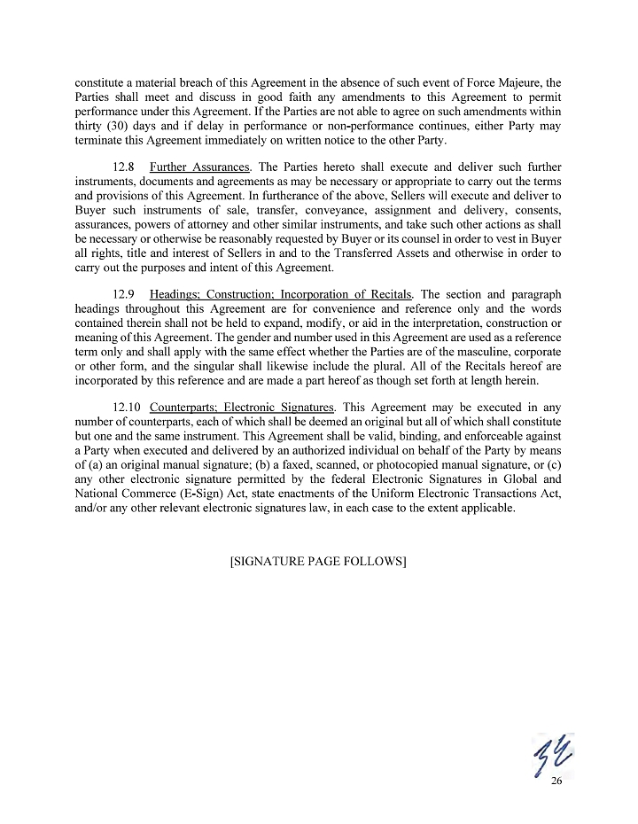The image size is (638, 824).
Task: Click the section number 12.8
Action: [125, 167]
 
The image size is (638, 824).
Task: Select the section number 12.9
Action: [125, 293]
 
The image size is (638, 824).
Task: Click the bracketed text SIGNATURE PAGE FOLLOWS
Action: [318, 562]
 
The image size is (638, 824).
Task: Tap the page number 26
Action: [556, 781]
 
